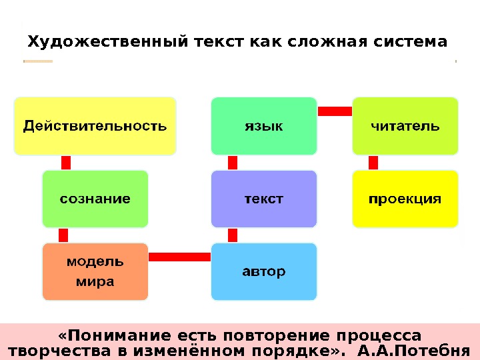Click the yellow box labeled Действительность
[x=95, y=125]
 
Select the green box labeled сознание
[x=95, y=199]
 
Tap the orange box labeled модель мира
[x=95, y=271]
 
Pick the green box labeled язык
[x=264, y=125]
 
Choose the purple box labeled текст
[x=264, y=199]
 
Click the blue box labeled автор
[x=264, y=271]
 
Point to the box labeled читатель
[x=405, y=125]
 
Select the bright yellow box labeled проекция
[x=405, y=199]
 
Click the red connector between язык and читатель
[x=335, y=111]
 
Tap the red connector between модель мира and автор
[x=179, y=257]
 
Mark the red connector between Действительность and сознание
[x=66, y=163]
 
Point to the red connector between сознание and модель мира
[x=63, y=235]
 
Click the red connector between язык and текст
[x=233, y=163]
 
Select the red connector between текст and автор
[x=233, y=235]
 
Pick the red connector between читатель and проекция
[x=373, y=163]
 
